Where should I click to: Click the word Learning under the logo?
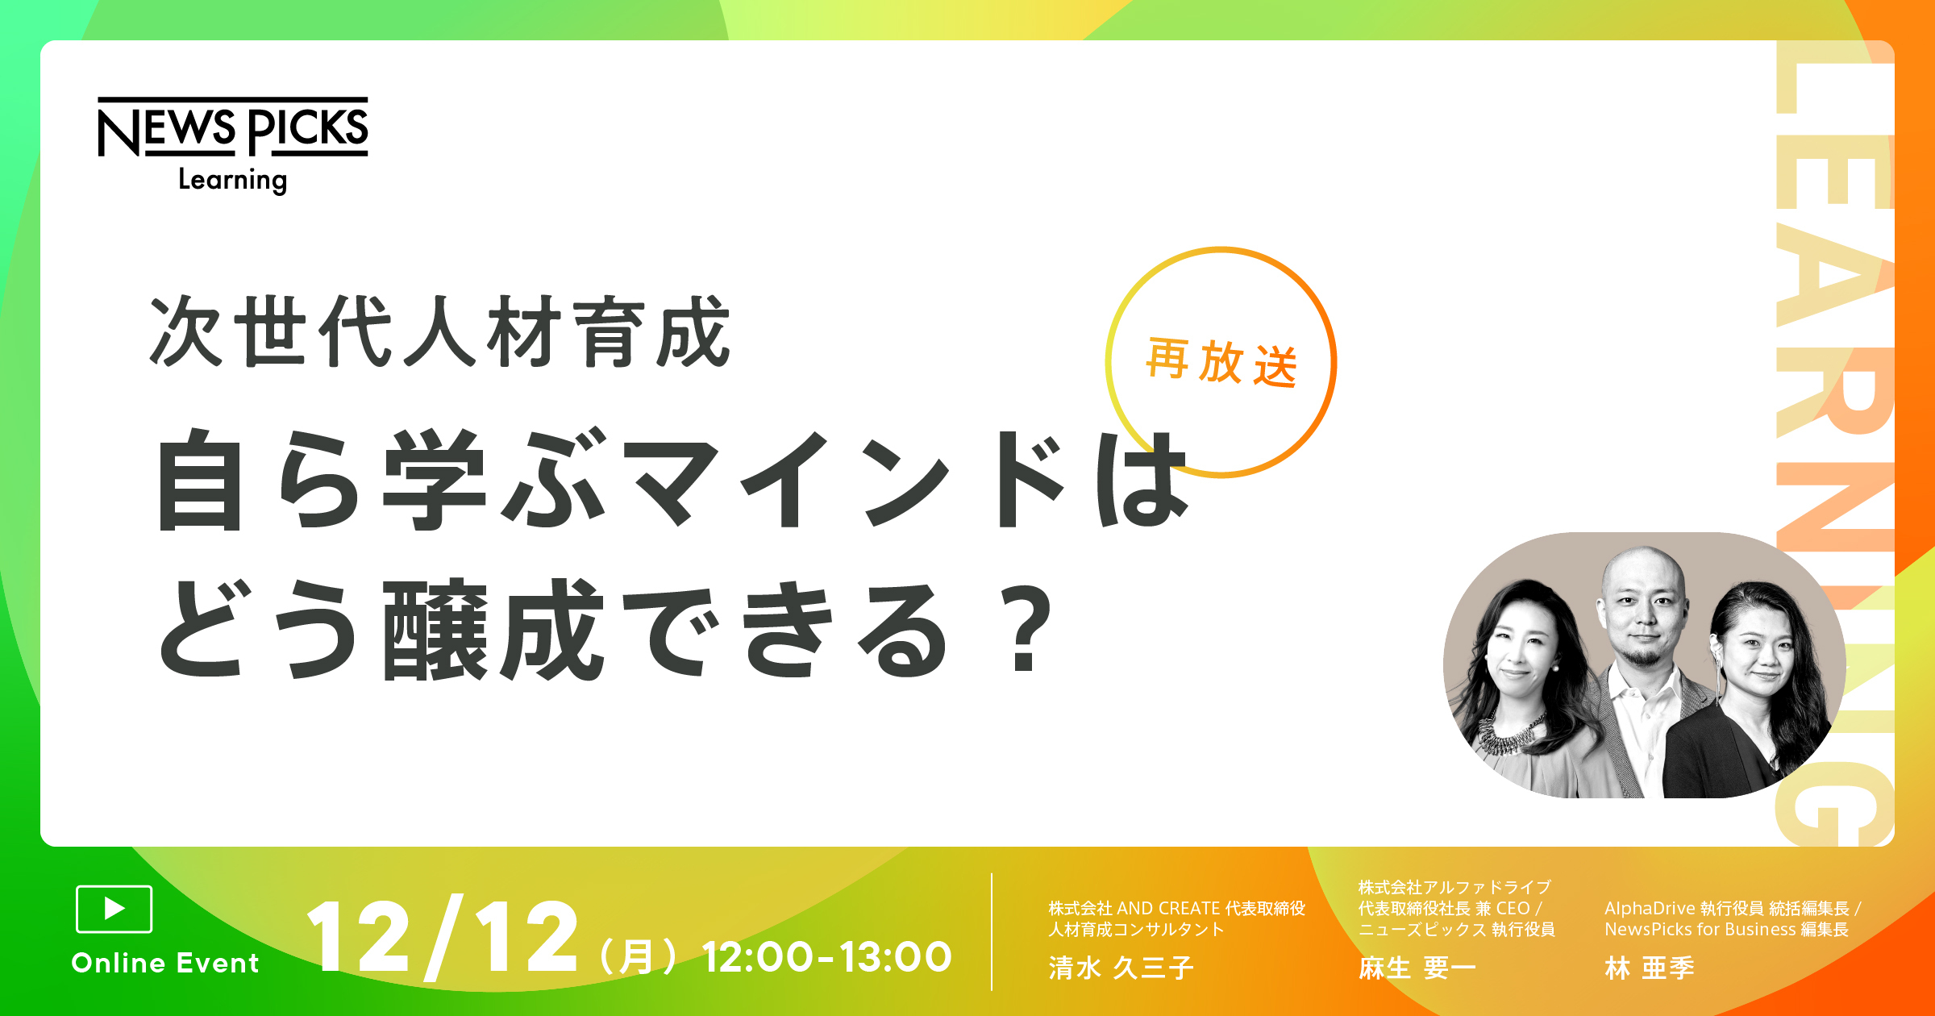coord(232,180)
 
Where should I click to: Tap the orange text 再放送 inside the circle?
coord(1221,363)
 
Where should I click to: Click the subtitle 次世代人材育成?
coord(440,332)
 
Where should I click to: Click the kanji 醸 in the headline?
coord(435,629)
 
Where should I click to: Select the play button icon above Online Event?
coord(114,909)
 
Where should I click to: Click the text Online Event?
coord(165,963)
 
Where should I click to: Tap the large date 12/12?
coord(442,938)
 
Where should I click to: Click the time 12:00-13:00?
coord(827,957)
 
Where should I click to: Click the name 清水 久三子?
coord(1121,968)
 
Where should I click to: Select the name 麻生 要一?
coord(1417,968)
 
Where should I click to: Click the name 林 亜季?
coord(1650,968)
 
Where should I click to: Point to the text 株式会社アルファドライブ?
coord(1454,887)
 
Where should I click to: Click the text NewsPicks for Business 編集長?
coord(1726,930)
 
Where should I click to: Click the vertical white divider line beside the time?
coord(992,931)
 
